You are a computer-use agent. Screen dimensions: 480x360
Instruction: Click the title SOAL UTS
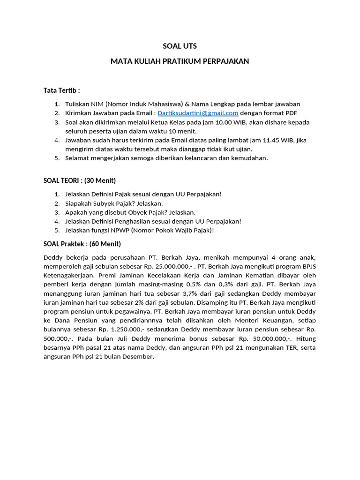(x=180, y=46)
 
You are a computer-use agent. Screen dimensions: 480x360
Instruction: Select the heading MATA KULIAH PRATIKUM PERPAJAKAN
(x=180, y=61)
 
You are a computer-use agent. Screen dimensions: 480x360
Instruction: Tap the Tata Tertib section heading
(x=61, y=90)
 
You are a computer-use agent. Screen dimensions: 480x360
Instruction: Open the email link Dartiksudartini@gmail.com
(x=198, y=113)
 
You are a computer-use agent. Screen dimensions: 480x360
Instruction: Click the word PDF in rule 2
(x=291, y=113)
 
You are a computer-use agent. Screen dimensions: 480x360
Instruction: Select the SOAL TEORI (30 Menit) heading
(x=79, y=180)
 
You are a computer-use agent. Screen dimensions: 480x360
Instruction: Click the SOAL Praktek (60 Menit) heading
(x=82, y=244)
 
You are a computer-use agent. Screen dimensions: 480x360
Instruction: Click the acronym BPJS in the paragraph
(x=308, y=267)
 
